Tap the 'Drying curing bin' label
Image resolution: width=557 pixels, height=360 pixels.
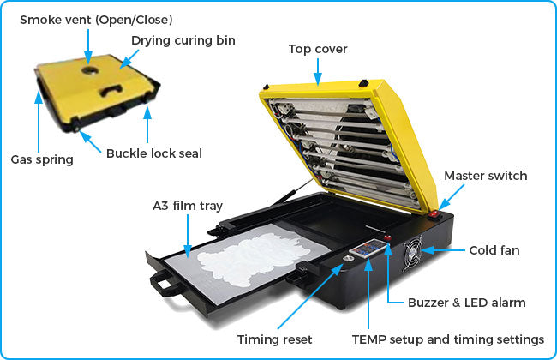click(x=183, y=40)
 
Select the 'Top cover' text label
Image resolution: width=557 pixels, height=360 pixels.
click(x=317, y=49)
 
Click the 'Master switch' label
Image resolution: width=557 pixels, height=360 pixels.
click(x=485, y=176)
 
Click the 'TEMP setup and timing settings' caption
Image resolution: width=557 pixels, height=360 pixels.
click(x=448, y=339)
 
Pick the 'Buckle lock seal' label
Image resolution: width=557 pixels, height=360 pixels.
click(x=153, y=153)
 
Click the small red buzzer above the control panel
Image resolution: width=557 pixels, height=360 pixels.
click(x=388, y=237)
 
